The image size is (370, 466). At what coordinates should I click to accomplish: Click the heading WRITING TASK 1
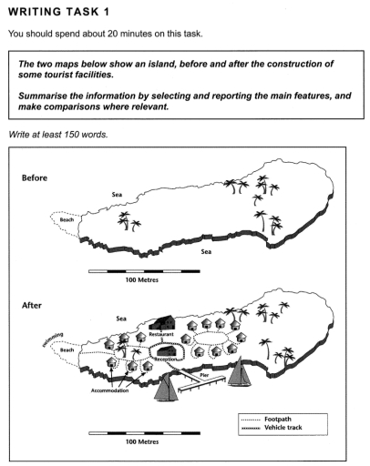(58, 12)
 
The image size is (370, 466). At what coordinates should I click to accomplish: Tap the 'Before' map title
(35, 177)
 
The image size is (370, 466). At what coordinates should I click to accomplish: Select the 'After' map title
(32, 305)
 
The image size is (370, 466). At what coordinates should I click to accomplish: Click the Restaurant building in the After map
(162, 323)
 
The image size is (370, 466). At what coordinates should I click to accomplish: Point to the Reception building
(166, 350)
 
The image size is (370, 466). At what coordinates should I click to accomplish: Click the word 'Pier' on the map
(204, 375)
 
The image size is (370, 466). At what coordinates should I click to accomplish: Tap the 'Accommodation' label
(109, 390)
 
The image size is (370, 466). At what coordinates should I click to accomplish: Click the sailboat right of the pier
(240, 371)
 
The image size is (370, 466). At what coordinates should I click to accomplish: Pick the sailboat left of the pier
(167, 387)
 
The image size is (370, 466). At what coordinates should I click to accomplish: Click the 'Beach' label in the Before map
(67, 219)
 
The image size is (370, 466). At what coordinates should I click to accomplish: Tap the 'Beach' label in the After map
(67, 349)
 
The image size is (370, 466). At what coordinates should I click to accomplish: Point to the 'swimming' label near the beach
(53, 339)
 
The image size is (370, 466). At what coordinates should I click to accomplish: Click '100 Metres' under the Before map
(142, 279)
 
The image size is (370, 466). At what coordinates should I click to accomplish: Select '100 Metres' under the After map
(142, 441)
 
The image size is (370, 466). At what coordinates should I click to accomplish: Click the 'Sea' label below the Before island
(206, 251)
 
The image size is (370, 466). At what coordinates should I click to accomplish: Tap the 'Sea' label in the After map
(121, 319)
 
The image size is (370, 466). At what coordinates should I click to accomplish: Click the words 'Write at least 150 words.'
(58, 134)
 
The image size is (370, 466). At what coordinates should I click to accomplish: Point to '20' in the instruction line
(112, 34)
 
